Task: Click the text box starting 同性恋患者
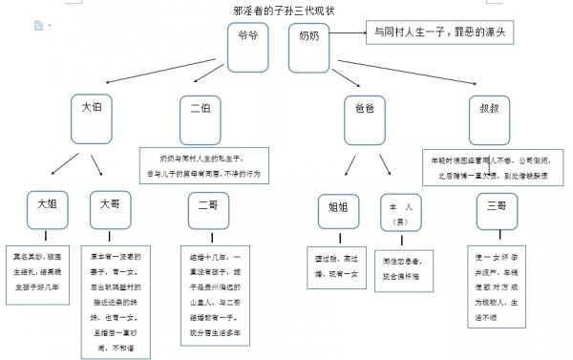tap(401, 265)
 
